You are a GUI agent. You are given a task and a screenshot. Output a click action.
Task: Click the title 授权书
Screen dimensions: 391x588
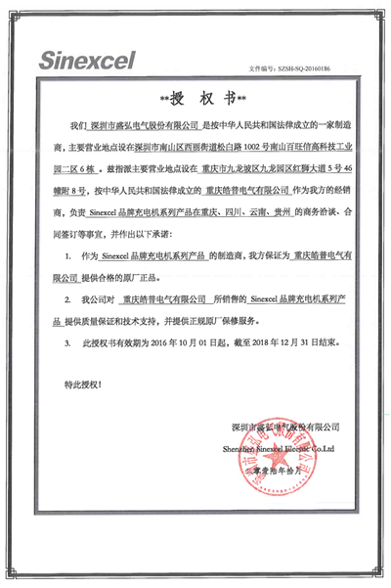pos(195,98)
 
